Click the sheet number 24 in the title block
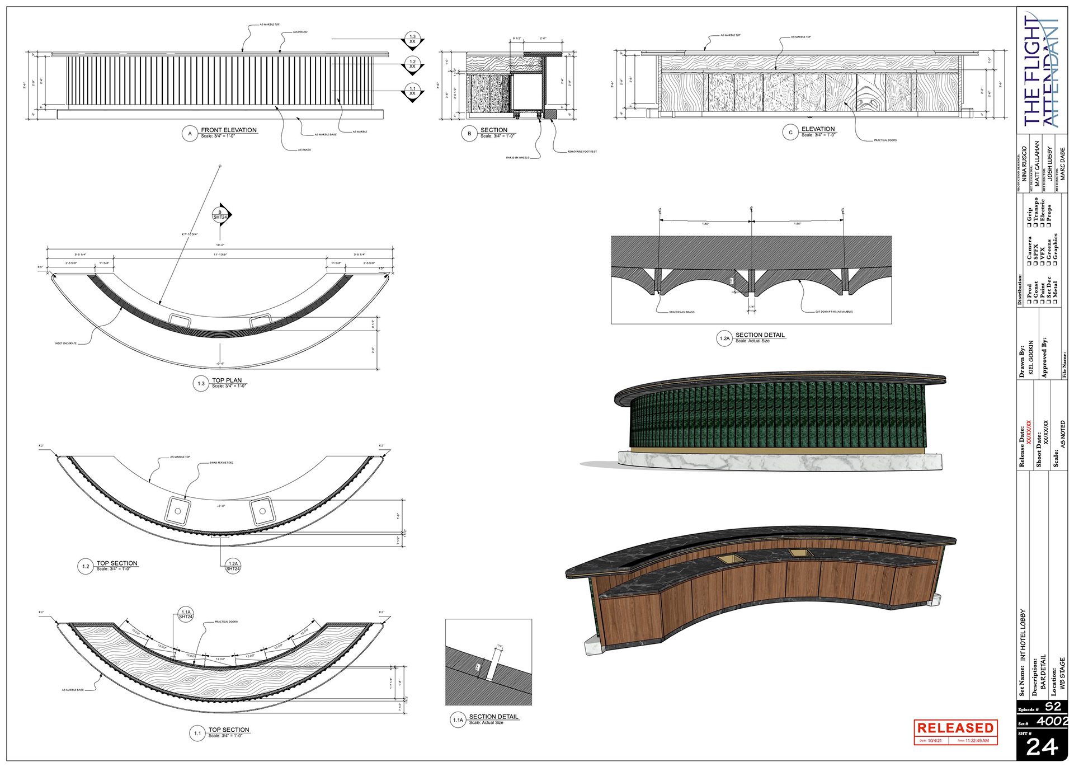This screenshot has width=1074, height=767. (x=1042, y=747)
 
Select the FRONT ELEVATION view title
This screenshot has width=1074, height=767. (x=229, y=130)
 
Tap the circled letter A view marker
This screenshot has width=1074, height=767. (x=190, y=134)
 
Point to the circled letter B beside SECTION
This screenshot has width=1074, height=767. (x=469, y=134)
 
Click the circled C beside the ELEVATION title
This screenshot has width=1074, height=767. (x=790, y=133)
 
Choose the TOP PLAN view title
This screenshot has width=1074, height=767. (x=227, y=380)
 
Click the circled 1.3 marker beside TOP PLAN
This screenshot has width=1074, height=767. (x=201, y=384)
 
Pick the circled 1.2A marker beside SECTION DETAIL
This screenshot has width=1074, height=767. (x=724, y=338)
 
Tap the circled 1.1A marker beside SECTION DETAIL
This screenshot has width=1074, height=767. (x=458, y=720)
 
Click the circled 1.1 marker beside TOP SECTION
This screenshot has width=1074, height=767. (x=197, y=733)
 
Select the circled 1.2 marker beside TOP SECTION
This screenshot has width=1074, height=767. (x=85, y=566)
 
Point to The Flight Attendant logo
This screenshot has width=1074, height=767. (x=1041, y=70)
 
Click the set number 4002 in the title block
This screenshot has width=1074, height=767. (x=1052, y=721)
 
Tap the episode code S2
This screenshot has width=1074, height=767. (x=1053, y=707)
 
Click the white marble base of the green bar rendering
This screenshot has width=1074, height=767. (x=783, y=461)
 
